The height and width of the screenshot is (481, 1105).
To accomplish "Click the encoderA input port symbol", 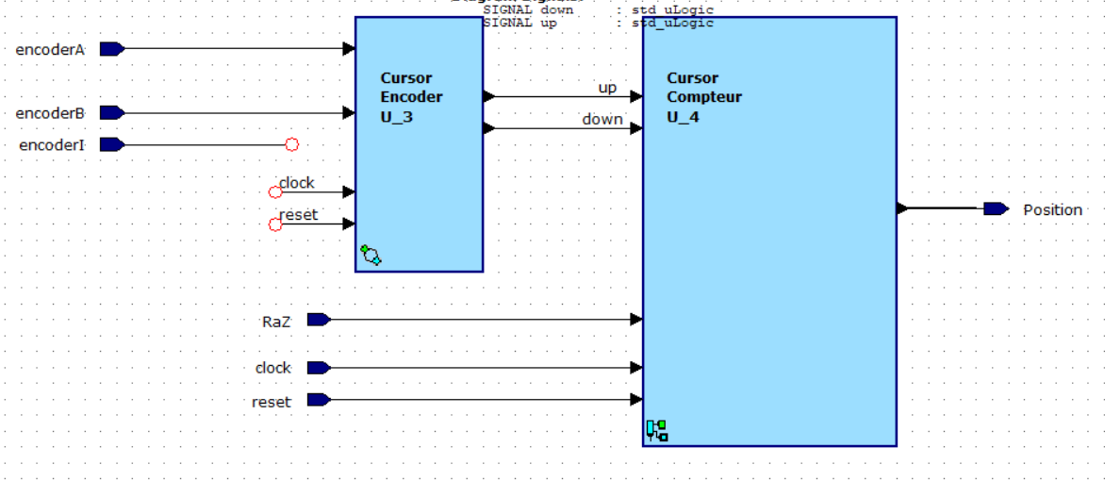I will [x=111, y=49].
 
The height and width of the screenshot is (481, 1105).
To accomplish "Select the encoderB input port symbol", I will [x=111, y=113].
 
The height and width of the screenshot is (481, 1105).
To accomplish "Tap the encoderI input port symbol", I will [x=111, y=144].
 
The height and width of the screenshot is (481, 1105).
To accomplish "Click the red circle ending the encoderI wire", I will [x=292, y=144].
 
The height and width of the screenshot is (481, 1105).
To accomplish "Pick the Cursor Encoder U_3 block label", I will [x=411, y=98].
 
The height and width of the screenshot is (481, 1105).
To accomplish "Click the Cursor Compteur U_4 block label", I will [x=703, y=98].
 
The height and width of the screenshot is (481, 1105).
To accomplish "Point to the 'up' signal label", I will [x=607, y=88].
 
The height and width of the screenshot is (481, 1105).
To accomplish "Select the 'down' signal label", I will [x=602, y=119].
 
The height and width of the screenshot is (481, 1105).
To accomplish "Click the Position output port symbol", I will [x=995, y=208].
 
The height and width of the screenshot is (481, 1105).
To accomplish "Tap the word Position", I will [x=1052, y=209].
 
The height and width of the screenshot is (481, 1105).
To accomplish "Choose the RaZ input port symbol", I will [x=319, y=320].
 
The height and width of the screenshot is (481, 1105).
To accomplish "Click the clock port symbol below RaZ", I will [x=319, y=368].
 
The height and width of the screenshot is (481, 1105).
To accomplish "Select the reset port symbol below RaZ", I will [x=319, y=400].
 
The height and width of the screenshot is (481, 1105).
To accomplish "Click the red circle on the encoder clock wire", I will [x=275, y=192].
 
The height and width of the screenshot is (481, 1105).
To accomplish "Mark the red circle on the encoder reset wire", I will [x=275, y=224].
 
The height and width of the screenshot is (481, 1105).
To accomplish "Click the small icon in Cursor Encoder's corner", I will [x=371, y=255].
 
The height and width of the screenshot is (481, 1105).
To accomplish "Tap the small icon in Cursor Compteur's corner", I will [x=657, y=431].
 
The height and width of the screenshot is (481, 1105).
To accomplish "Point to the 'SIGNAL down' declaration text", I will [x=528, y=9].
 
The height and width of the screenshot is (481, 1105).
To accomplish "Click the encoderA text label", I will [x=50, y=50].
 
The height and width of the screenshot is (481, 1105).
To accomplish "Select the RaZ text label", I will [x=276, y=322].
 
